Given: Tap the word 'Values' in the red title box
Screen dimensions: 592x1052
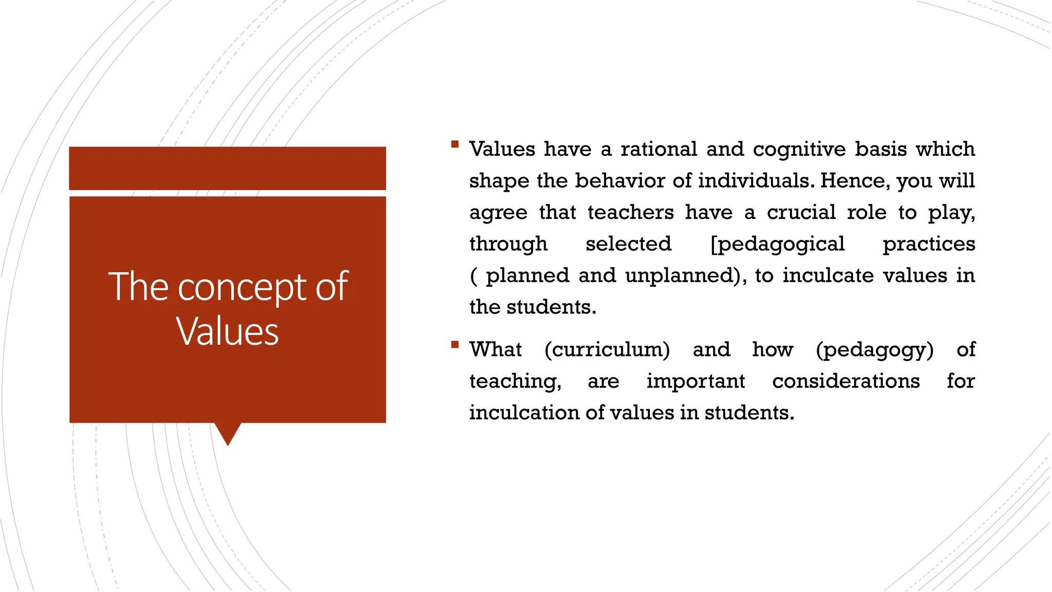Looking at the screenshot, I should pyautogui.click(x=227, y=331).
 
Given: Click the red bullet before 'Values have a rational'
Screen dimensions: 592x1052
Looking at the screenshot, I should pyautogui.click(x=455, y=144).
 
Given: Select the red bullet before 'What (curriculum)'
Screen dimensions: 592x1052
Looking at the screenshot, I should pyautogui.click(x=455, y=345).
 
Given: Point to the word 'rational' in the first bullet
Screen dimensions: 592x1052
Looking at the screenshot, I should pyautogui.click(x=659, y=149).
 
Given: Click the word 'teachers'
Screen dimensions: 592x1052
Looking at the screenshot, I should pyautogui.click(x=630, y=212).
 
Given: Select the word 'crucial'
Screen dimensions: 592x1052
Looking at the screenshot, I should pyautogui.click(x=801, y=212).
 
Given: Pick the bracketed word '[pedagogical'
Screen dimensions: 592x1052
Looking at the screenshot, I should pyautogui.click(x=777, y=244).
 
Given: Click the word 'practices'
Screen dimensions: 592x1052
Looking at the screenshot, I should pyautogui.click(x=929, y=244).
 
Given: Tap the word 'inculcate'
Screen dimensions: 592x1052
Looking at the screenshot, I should pyautogui.click(x=828, y=275).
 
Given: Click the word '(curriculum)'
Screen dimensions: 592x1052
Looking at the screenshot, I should pyautogui.click(x=607, y=350).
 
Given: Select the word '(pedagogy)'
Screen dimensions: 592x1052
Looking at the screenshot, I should pyautogui.click(x=874, y=350).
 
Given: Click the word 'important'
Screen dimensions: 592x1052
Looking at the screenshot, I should pyautogui.click(x=696, y=381).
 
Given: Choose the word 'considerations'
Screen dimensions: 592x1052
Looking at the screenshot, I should pyautogui.click(x=846, y=381).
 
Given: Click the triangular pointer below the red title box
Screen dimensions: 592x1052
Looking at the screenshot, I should pyautogui.click(x=228, y=433).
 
